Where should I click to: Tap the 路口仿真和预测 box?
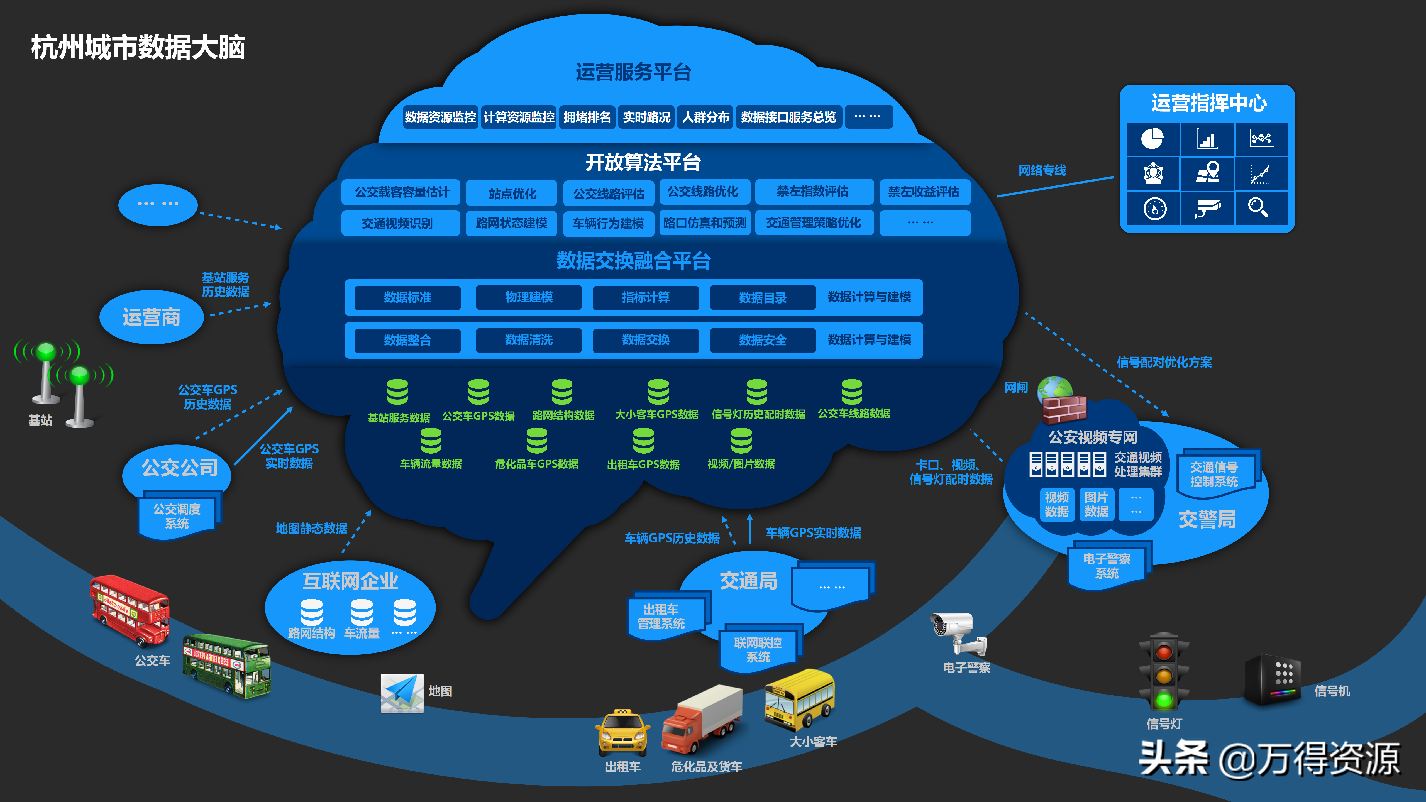pyautogui.click(x=705, y=222)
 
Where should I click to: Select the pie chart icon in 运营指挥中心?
pyautogui.click(x=1152, y=138)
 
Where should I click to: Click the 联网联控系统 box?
pyautogui.click(x=758, y=649)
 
